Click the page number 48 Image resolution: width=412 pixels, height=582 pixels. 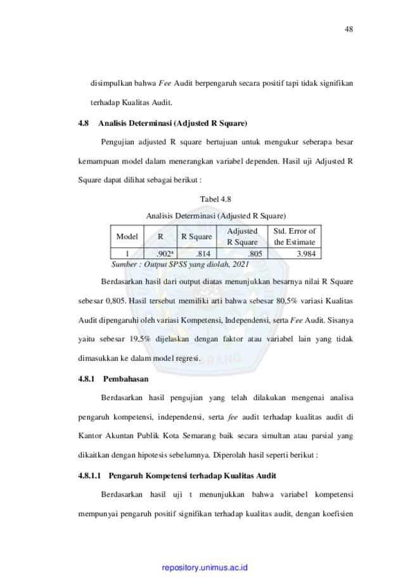coord(349,29)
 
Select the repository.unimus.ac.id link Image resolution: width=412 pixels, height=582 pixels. coord(205,567)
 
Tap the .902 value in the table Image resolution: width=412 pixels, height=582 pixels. coord(164,254)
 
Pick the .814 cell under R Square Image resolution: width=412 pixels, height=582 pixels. coord(203,254)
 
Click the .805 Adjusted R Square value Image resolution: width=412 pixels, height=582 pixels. coord(255,254)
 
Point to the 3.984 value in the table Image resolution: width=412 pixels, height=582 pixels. coord(306,254)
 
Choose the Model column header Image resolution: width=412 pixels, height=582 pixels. coord(127,236)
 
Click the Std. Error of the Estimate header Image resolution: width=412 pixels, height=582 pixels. coord(295,236)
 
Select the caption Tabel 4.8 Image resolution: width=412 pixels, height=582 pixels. coord(216,199)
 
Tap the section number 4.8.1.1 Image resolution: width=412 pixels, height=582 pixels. coord(89,476)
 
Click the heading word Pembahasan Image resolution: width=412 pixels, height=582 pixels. coord(126,379)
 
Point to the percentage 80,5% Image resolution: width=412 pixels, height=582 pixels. coord(286,301)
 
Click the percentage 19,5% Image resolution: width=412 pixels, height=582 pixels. coord(140,339)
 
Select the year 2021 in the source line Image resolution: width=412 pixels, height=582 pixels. coord(240,264)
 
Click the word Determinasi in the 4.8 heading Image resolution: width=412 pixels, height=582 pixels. coord(150,123)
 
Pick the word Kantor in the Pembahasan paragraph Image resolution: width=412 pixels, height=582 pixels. coord(90,436)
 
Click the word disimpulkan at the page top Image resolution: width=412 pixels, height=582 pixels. coord(111,83)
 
